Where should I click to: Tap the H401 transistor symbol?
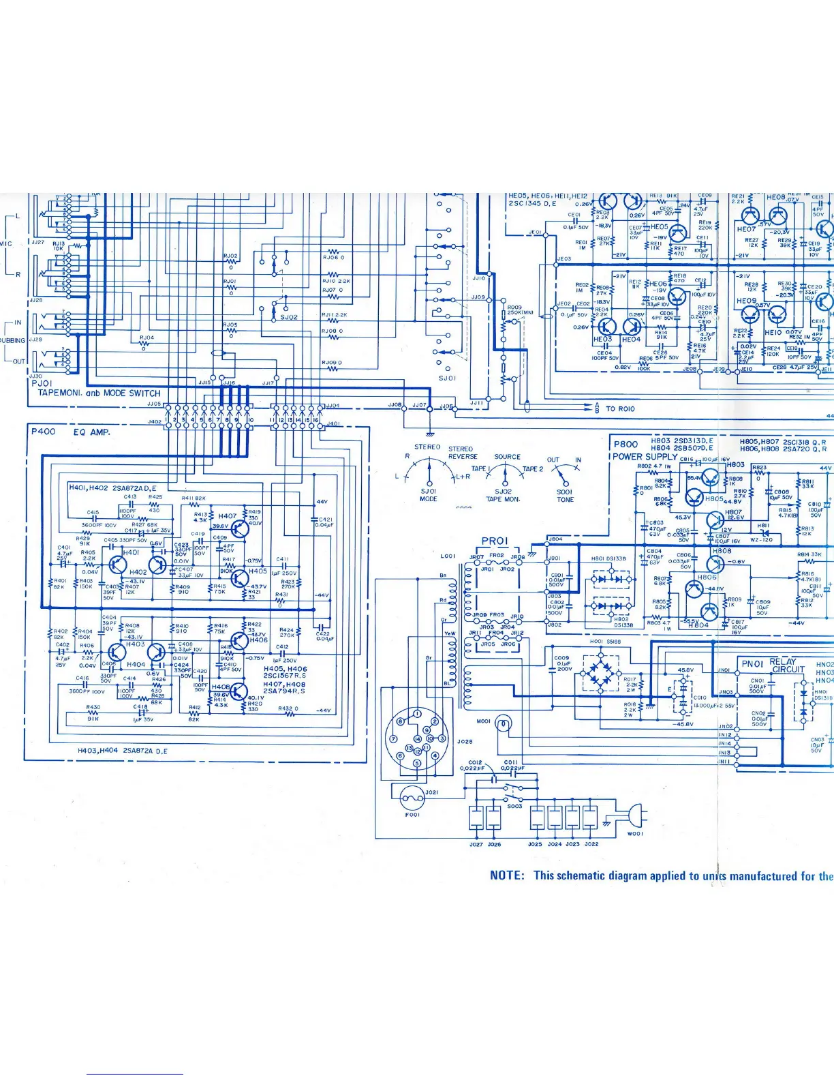[118, 565]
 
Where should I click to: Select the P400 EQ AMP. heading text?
[70, 432]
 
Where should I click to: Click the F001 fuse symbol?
[412, 796]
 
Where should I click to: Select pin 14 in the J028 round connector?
[418, 738]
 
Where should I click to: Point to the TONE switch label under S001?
[565, 500]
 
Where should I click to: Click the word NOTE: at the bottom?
[507, 875]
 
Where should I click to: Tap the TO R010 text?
[619, 409]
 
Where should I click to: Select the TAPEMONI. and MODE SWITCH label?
[99, 393]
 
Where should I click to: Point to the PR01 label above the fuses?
[495, 541]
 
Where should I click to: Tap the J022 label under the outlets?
[591, 844]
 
